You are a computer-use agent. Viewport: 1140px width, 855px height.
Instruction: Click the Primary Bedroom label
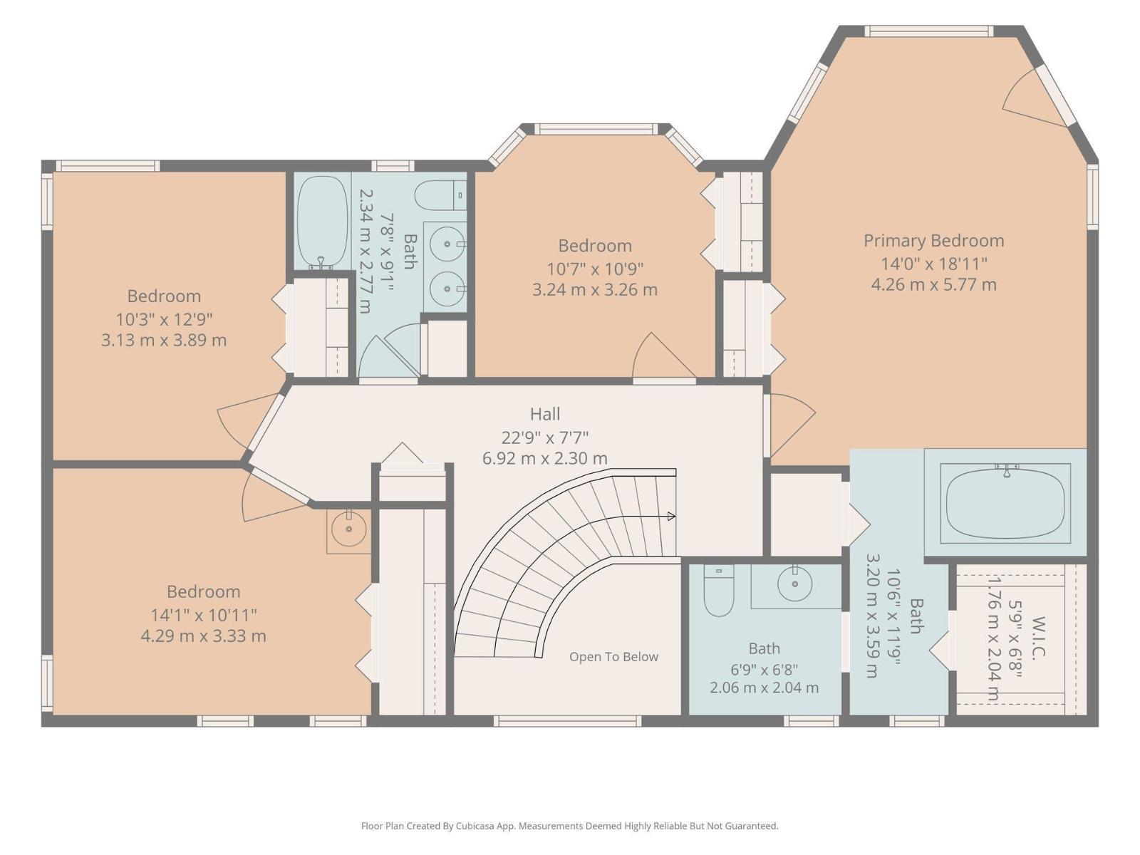click(933, 241)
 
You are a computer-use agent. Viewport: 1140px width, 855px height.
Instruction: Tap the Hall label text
click(545, 414)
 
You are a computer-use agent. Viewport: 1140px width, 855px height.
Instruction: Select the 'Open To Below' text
click(613, 657)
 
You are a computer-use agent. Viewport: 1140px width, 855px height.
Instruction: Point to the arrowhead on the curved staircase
click(671, 517)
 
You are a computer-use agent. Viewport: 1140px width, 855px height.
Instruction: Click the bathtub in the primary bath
click(1005, 504)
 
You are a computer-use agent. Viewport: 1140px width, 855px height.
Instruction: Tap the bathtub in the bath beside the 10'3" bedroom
click(323, 222)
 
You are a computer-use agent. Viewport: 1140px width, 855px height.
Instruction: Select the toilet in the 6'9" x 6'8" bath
click(719, 590)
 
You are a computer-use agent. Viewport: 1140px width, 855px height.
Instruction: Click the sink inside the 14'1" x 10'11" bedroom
click(348, 529)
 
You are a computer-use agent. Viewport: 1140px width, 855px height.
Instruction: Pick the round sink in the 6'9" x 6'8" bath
click(794, 584)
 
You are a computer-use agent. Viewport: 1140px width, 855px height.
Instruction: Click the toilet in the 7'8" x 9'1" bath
click(440, 196)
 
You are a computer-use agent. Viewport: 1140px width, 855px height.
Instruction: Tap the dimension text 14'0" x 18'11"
click(934, 264)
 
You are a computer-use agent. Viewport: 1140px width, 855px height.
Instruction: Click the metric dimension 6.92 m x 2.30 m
click(545, 458)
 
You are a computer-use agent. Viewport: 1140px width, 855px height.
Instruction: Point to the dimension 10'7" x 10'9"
click(595, 269)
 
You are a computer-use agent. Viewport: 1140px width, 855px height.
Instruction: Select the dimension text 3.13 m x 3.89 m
click(164, 340)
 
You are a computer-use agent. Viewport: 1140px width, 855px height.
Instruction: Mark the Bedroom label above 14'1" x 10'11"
click(203, 591)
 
